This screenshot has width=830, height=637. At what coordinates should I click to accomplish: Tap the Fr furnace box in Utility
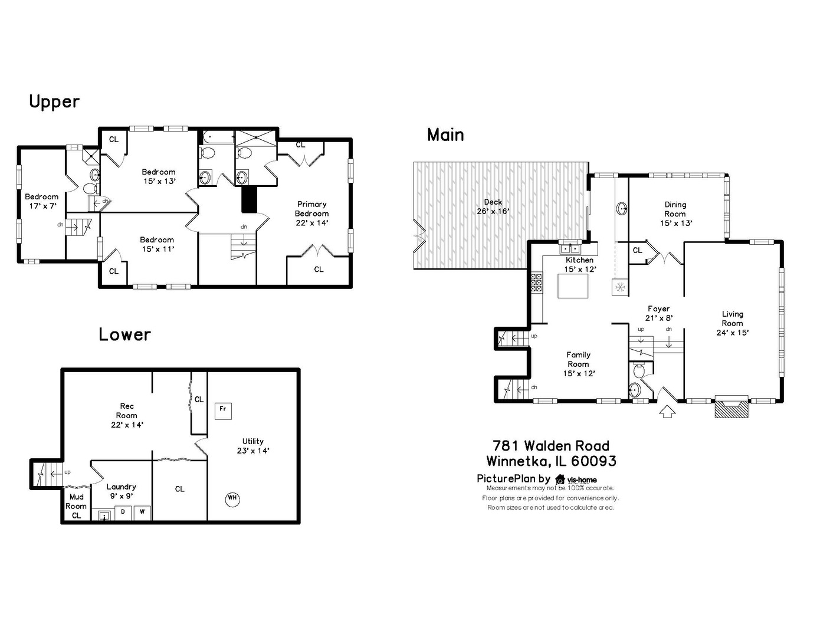click(x=223, y=409)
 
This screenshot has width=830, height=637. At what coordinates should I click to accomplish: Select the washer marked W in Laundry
click(x=142, y=512)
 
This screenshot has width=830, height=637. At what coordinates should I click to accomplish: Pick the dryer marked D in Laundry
click(x=123, y=512)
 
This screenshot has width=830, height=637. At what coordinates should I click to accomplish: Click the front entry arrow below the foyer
click(x=667, y=411)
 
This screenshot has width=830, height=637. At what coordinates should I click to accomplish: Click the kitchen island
click(x=573, y=286)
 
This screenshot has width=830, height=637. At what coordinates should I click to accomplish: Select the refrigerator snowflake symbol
click(x=620, y=287)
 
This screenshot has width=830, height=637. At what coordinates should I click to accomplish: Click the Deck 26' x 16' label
click(x=493, y=206)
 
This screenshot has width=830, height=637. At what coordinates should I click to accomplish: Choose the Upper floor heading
click(x=54, y=101)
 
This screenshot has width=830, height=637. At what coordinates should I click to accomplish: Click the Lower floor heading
click(x=124, y=334)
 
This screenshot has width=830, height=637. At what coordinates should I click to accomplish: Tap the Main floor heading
click(x=445, y=135)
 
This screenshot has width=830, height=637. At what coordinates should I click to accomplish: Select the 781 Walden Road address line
click(x=551, y=445)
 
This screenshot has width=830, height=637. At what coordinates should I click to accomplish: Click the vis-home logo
click(x=576, y=479)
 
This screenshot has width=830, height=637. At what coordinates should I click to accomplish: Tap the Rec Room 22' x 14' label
click(x=127, y=415)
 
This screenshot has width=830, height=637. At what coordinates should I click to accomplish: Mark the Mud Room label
click(x=76, y=501)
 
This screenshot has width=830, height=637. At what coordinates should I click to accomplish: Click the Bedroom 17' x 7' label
click(x=41, y=201)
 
